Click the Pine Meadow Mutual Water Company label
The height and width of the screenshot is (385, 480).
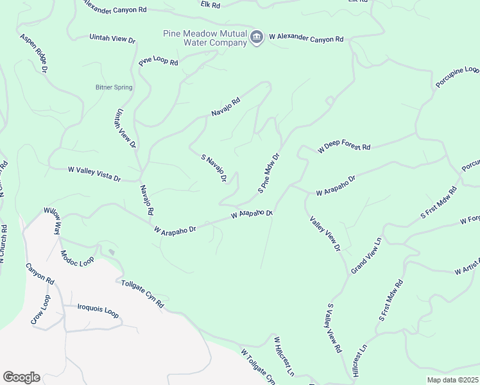point(205,38)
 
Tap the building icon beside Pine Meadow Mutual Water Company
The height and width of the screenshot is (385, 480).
point(257,38)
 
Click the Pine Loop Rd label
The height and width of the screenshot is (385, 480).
point(158,60)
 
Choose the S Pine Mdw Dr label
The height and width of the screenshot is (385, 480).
point(270,173)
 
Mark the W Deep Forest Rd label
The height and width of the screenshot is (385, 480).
point(345,148)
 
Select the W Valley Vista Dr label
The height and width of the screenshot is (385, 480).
point(94,173)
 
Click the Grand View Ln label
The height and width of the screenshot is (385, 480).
point(366,256)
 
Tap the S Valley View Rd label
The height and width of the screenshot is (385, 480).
point(334,329)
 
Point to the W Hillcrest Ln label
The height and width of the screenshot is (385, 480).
point(284,357)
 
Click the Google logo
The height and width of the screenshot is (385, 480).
point(21,377)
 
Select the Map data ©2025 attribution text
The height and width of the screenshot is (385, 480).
point(452,380)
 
